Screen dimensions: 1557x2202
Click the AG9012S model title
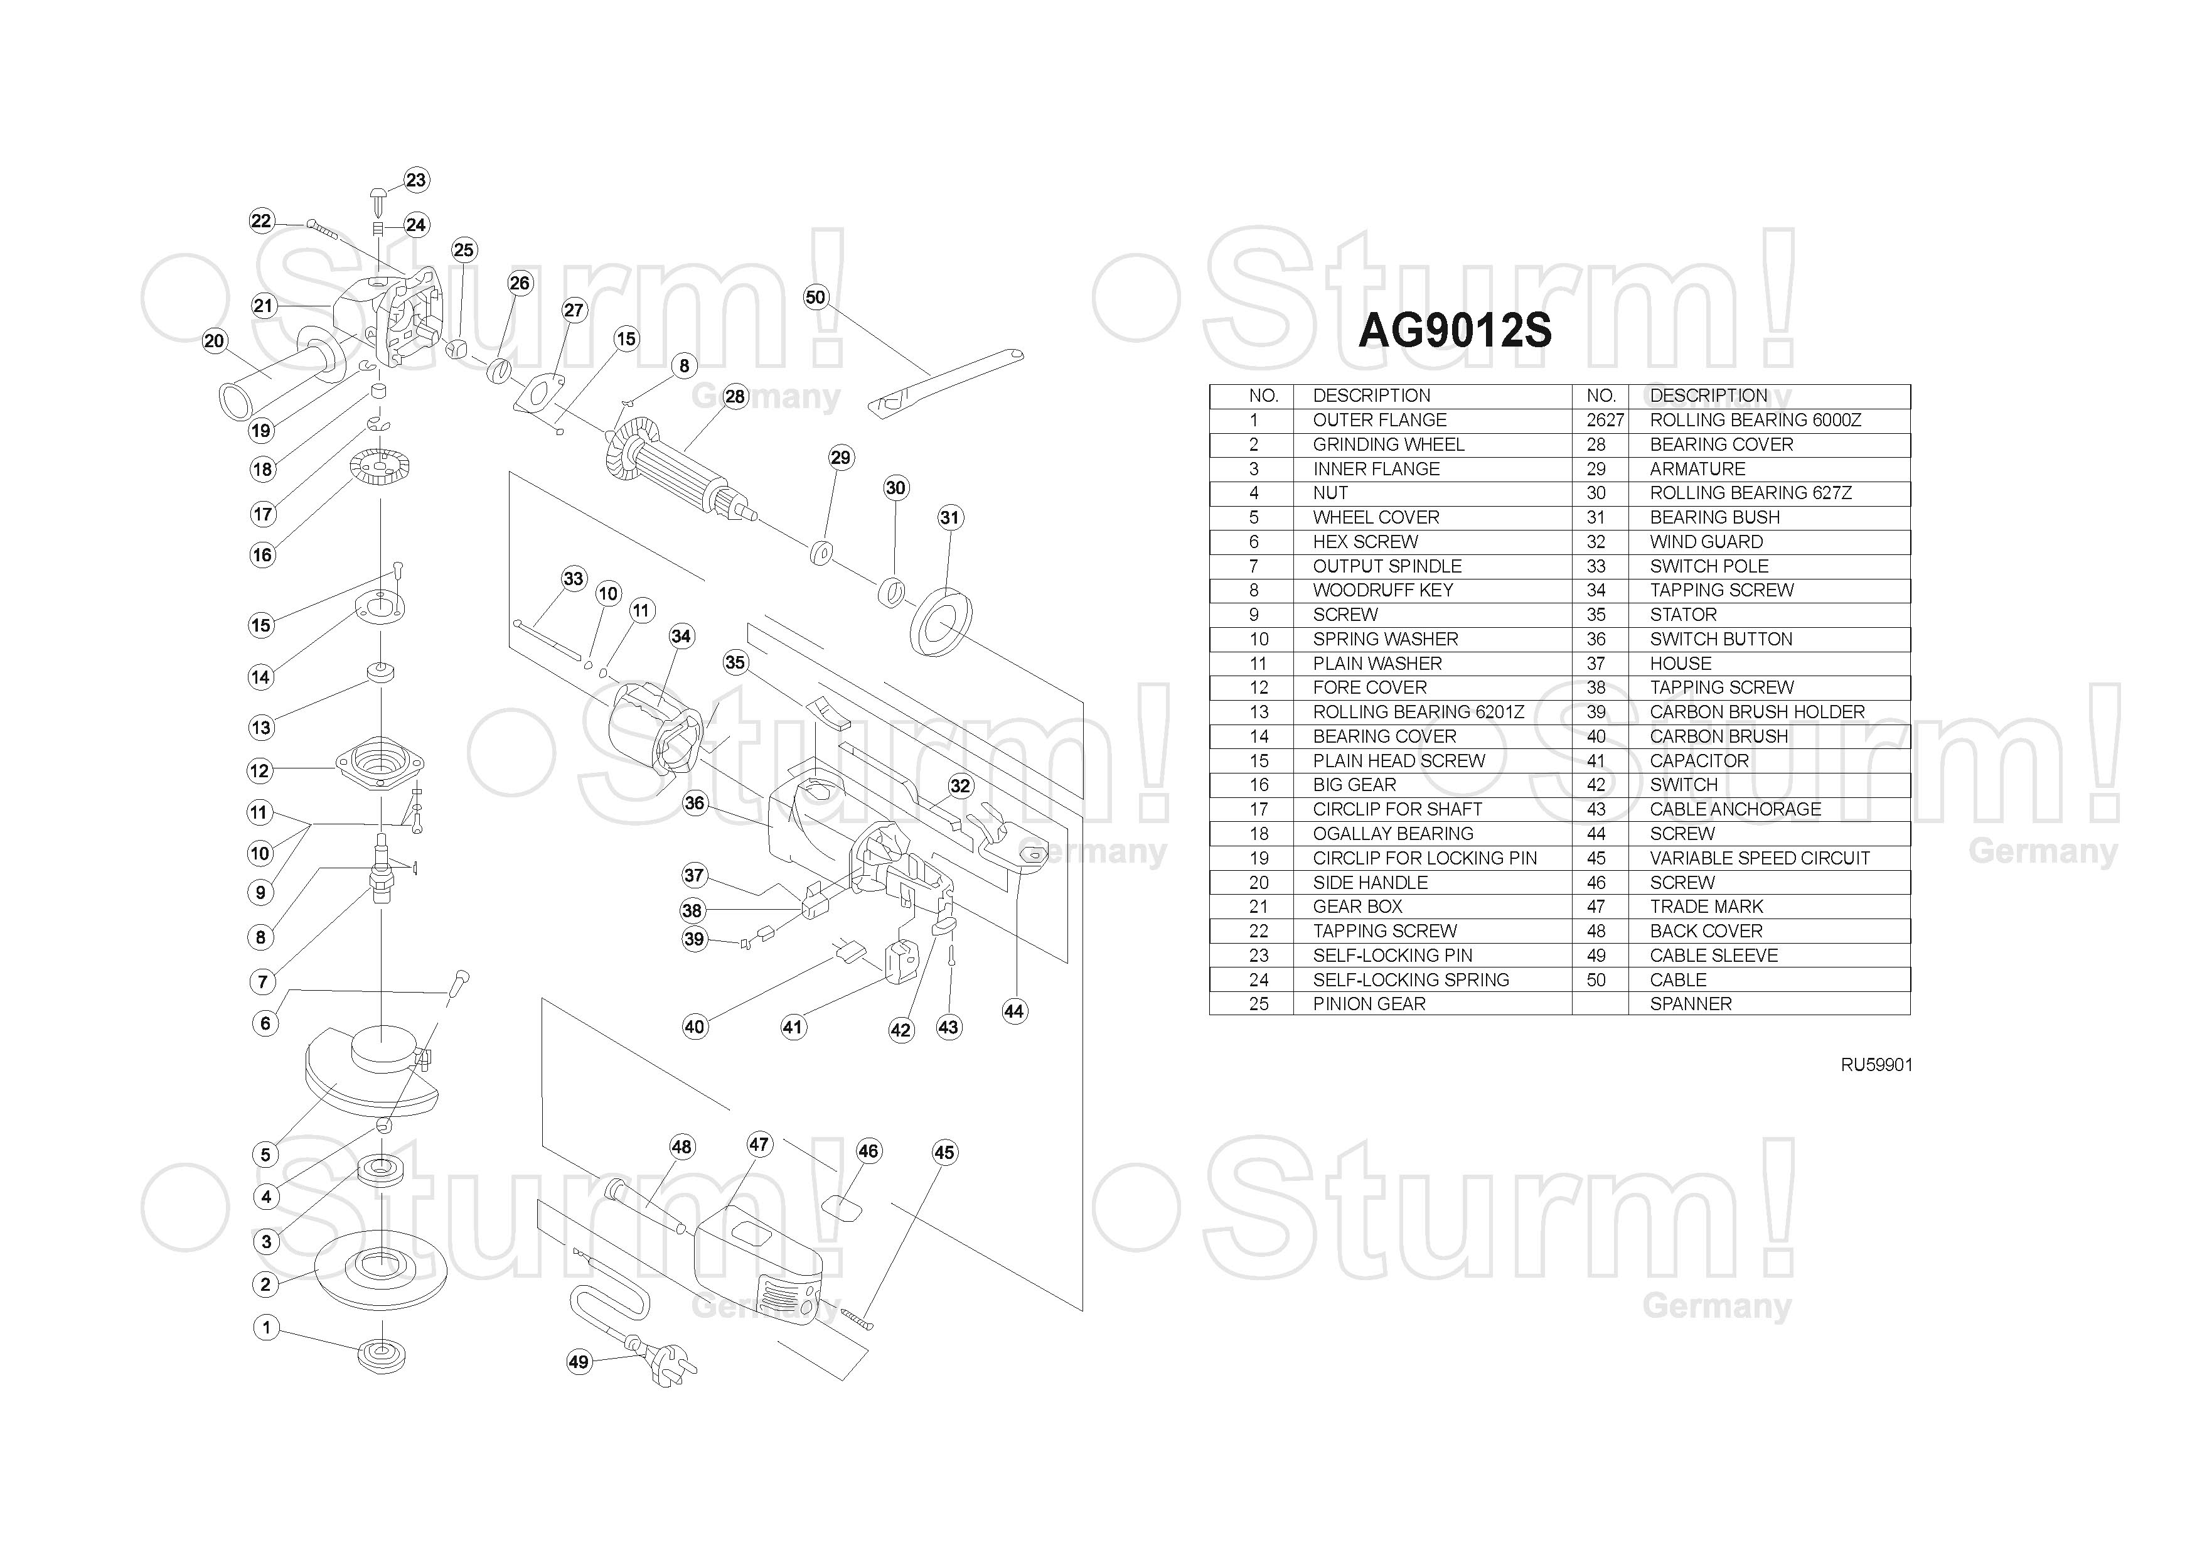(1454, 331)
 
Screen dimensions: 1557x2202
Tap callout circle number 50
(815, 298)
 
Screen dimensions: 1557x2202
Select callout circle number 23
(415, 180)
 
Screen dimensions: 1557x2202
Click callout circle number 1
(265, 1328)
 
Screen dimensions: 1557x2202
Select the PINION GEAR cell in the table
(1369, 1003)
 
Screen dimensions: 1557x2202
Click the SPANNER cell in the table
(1690, 1003)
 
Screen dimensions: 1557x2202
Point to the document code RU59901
(1876, 1065)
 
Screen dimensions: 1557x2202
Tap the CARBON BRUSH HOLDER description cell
(1757, 712)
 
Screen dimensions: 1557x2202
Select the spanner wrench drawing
(944, 381)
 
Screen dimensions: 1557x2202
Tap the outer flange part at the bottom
(382, 1355)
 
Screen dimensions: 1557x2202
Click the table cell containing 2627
(1605, 420)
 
